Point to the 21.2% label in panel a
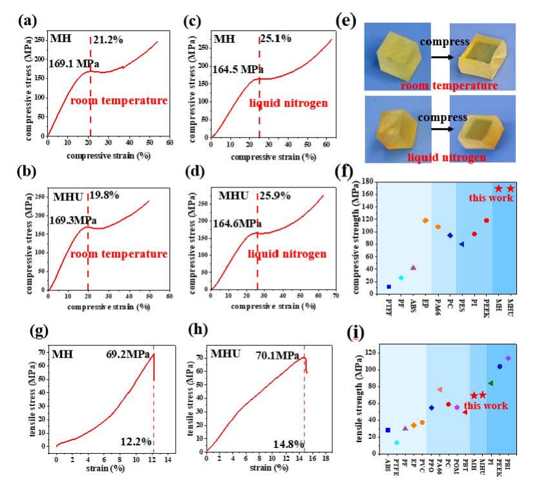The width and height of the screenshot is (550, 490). tap(107, 41)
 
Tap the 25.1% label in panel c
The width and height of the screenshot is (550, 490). tap(275, 39)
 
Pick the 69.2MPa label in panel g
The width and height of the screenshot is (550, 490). tap(128, 354)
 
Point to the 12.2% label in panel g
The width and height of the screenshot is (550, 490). tap(136, 442)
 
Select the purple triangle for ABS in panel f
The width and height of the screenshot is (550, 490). tap(413, 267)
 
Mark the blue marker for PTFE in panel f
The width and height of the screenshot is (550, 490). tap(389, 286)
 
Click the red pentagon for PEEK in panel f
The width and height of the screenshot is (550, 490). tap(486, 220)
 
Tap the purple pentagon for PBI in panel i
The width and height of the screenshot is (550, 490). tap(508, 358)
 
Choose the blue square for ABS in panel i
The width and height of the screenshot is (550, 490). tap(388, 430)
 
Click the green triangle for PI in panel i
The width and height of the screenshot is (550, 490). tap(491, 383)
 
